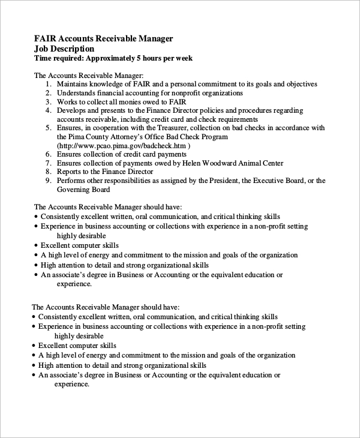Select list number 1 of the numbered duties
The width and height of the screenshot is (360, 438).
pos(49,85)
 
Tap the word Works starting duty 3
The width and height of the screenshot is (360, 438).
pos(67,102)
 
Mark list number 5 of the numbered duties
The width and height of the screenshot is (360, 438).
pos(49,128)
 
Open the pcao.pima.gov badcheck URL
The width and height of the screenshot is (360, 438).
pos(123,146)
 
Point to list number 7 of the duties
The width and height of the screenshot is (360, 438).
pos(49,163)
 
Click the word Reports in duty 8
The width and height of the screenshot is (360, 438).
pos(70,172)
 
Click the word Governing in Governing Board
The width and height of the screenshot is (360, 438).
pos(74,190)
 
